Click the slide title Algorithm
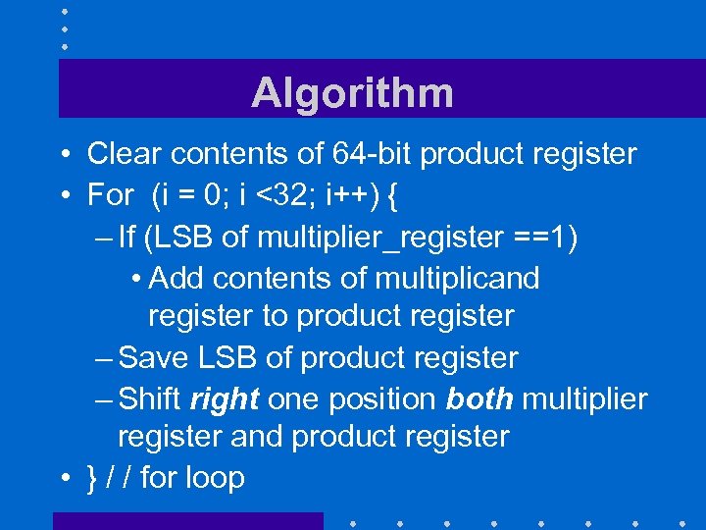tap(352, 93)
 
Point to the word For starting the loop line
tap(110, 195)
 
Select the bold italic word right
tap(225, 399)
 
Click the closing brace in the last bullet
tap(92, 478)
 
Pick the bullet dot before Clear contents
tap(62, 155)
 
